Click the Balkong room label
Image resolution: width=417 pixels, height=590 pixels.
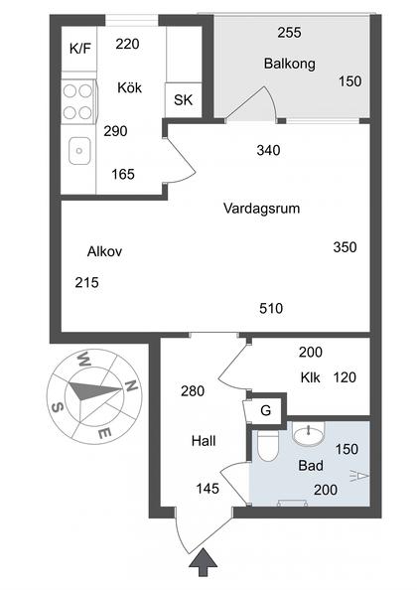(289, 64)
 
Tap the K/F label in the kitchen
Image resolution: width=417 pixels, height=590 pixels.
(78, 47)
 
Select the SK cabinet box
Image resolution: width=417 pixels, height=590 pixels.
(184, 99)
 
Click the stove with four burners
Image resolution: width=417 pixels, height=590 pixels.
(78, 100)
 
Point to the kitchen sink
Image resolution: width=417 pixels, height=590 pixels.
(78, 151)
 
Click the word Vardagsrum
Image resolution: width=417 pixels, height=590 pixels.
(261, 209)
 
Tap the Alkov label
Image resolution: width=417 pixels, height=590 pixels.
(104, 251)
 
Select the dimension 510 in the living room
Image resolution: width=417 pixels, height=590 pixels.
(270, 308)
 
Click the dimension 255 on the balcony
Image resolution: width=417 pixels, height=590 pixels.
(289, 32)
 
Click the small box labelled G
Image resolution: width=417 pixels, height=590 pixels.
(265, 408)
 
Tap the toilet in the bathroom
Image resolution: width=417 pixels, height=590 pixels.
(265, 448)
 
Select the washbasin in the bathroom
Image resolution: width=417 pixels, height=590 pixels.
(310, 433)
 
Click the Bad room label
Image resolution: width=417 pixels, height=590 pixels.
(310, 464)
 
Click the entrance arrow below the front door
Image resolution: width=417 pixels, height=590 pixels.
(204, 563)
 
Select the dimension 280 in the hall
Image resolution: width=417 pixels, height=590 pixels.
(193, 390)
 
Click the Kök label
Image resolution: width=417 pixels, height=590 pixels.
(129, 87)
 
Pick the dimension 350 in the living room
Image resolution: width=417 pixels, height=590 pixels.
(345, 246)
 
